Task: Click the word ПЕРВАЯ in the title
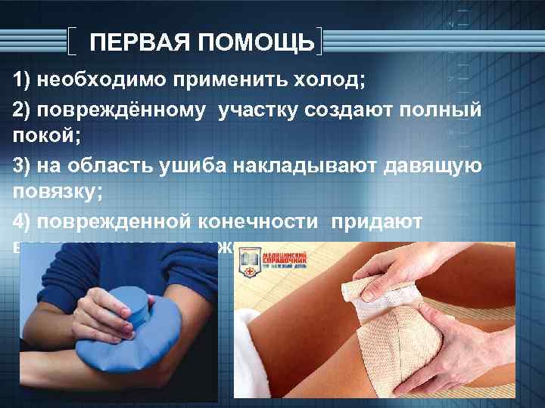(x=137, y=42)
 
